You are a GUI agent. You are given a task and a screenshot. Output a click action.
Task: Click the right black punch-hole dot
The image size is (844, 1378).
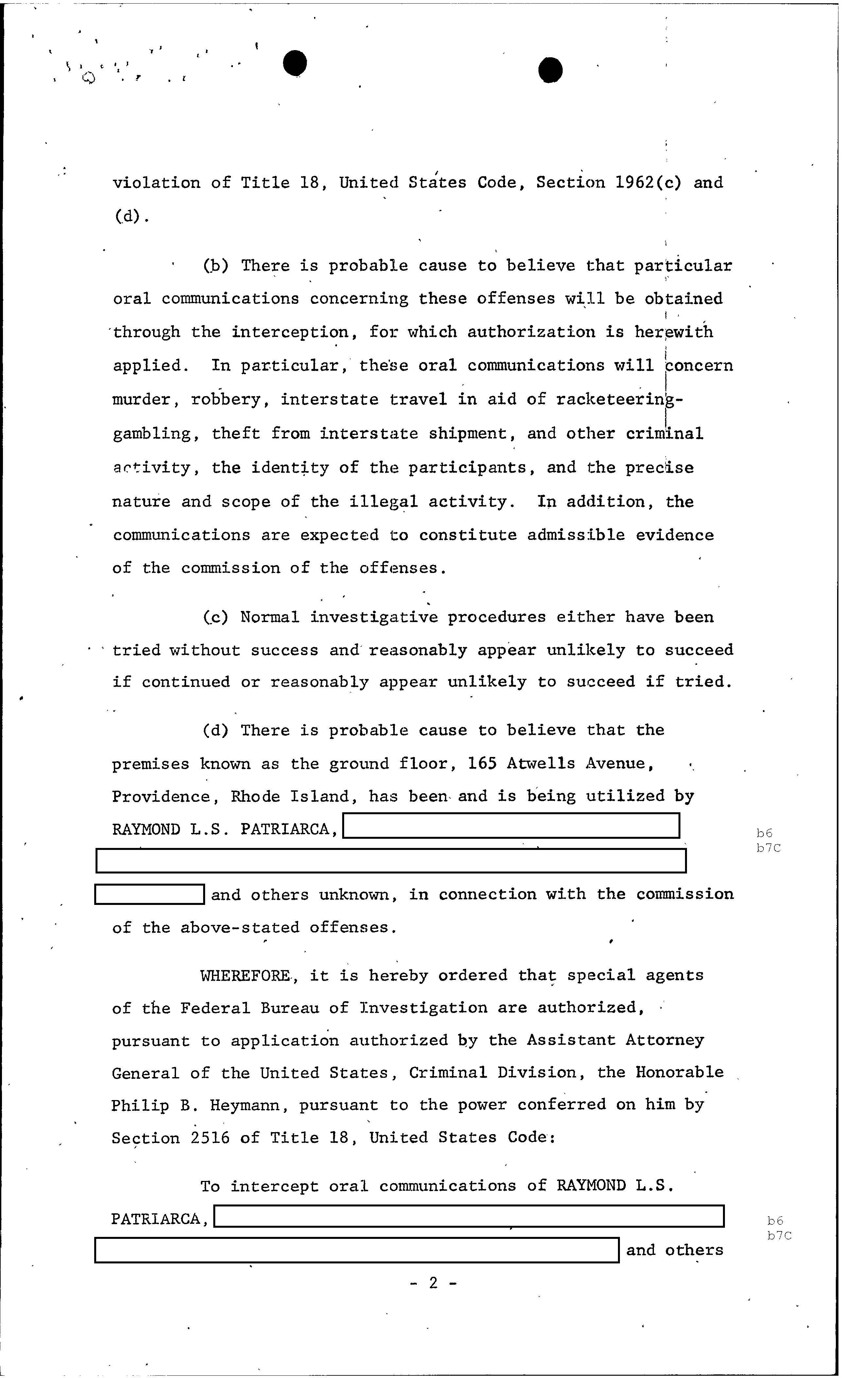(551, 70)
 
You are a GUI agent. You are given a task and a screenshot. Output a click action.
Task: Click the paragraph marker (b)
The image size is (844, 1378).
(216, 265)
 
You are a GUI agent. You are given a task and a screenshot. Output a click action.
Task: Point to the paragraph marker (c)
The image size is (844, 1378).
(216, 617)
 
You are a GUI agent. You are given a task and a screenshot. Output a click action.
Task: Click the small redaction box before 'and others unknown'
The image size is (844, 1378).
(149, 894)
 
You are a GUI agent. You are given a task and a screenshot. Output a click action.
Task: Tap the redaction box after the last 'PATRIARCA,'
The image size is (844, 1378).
(469, 1216)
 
